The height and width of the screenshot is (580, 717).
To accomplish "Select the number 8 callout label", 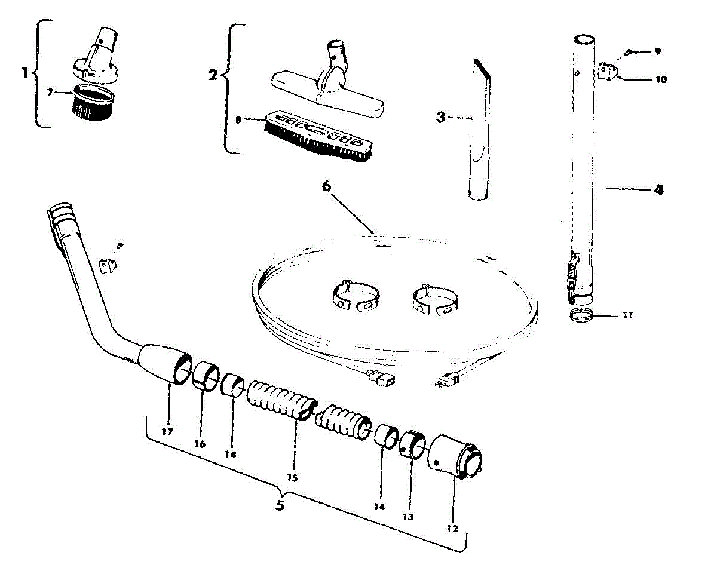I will [239, 119].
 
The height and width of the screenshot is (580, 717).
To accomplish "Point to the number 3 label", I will [440, 117].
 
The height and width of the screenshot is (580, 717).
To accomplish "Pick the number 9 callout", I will [657, 51].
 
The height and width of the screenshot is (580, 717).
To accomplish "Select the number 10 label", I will [661, 79].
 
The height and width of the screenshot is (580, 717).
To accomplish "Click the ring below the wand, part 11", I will [581, 315].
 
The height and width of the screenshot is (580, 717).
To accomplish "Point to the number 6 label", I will [326, 186].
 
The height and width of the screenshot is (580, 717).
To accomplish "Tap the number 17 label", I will [167, 431].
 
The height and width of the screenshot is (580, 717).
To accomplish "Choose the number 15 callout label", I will [292, 478].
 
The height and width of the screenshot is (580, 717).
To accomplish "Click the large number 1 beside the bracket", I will [24, 73].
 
